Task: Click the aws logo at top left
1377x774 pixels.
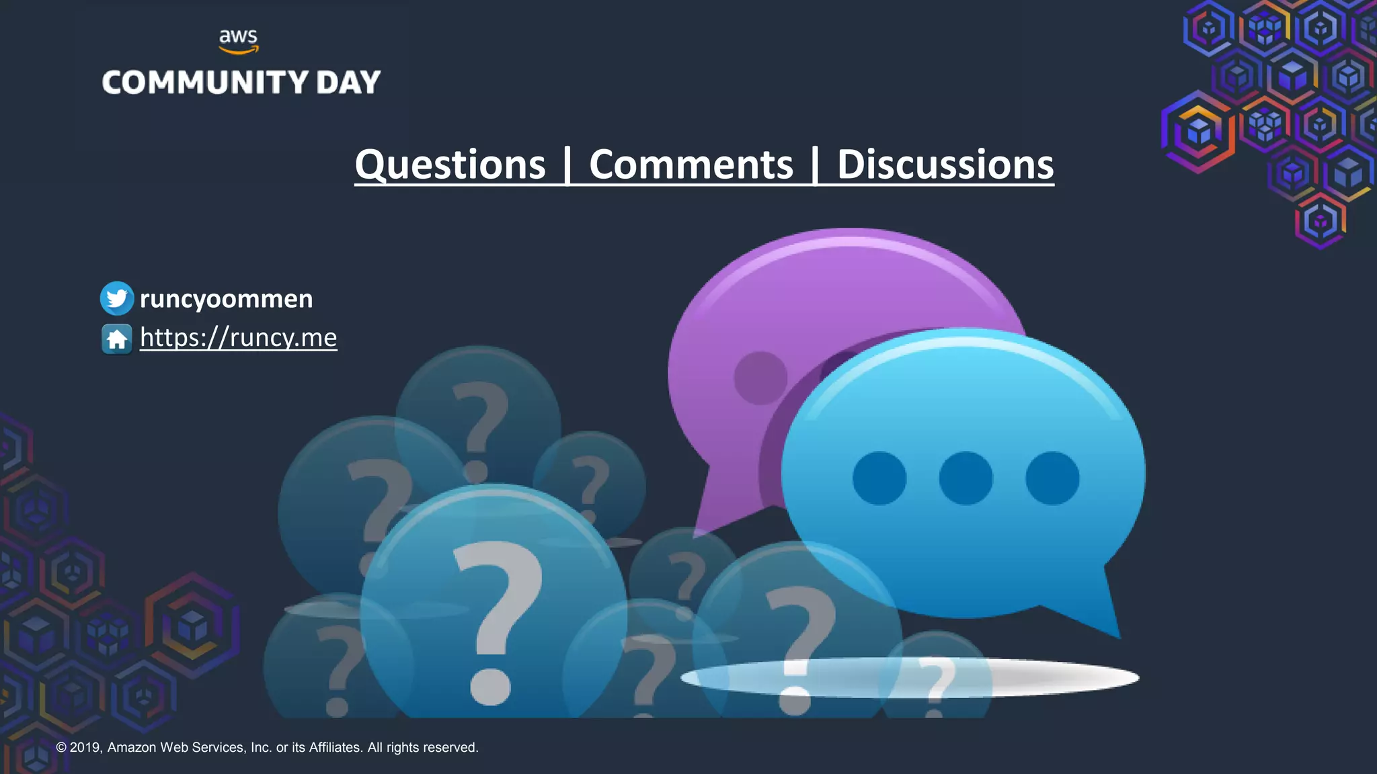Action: [239, 40]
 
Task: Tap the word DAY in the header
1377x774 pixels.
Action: [348, 83]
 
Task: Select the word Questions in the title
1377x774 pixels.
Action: [450, 165]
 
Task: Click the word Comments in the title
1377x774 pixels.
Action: [691, 165]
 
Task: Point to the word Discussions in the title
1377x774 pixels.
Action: [945, 165]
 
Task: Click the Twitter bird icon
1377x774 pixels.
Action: [117, 298]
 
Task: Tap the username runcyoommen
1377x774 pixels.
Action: [226, 298]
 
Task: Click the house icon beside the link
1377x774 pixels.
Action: [117, 338]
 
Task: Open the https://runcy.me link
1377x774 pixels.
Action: [238, 337]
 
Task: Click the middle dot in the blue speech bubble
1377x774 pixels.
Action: [966, 478]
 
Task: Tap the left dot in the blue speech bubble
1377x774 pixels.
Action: [879, 478]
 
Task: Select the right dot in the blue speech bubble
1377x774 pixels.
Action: [1052, 478]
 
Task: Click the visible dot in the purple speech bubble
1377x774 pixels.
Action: [760, 378]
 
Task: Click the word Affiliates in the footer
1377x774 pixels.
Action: [335, 747]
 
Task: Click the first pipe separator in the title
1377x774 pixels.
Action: [568, 165]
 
